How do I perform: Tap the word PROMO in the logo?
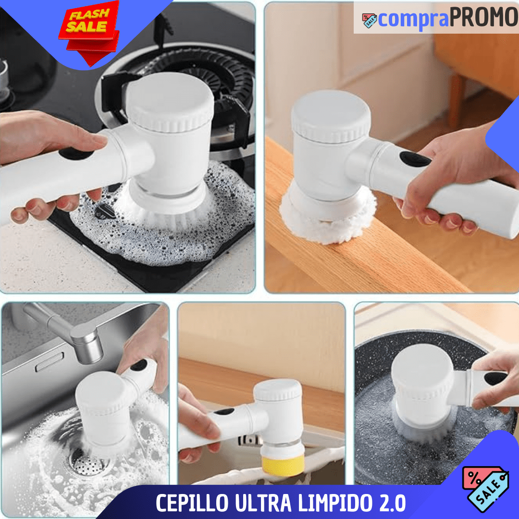pyautogui.click(x=483, y=17)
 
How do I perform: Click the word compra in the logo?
pyautogui.click(x=413, y=20)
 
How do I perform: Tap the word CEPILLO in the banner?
pyautogui.click(x=192, y=503)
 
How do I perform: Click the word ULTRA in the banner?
pyautogui.click(x=263, y=503)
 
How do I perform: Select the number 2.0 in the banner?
pyautogui.click(x=393, y=503)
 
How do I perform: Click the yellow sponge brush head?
pyautogui.click(x=283, y=465)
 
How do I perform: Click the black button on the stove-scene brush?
pyautogui.click(x=76, y=153)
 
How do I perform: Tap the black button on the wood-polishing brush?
pyautogui.click(x=415, y=159)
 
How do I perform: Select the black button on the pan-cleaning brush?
pyautogui.click(x=495, y=378)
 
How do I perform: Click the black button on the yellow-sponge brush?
pyautogui.click(x=224, y=412)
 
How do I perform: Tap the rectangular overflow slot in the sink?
pyautogui.click(x=49, y=362)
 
